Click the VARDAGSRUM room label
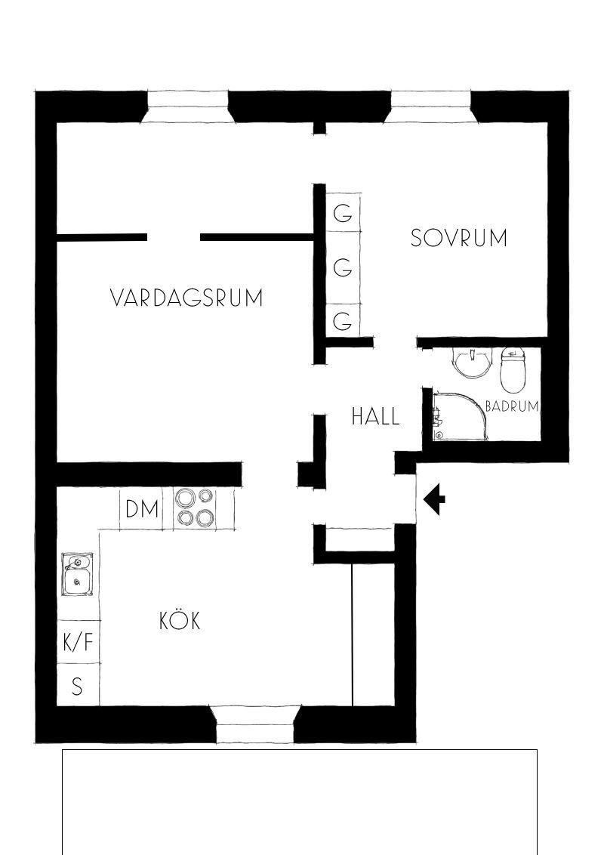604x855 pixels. coord(186,298)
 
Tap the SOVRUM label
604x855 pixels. coord(458,238)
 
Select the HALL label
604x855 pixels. coord(375,416)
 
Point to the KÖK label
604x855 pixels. coord(180,620)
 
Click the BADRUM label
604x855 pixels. coord(512,406)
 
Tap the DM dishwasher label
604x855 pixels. coord(142,509)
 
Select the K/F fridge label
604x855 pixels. coord(79,642)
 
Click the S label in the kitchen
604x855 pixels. coord(78,686)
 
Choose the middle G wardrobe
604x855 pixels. coord(344,267)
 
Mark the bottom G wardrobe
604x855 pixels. coord(344,320)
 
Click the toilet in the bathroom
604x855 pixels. coord(513,369)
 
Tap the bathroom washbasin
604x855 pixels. coord(471,363)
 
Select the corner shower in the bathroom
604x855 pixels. coord(459,417)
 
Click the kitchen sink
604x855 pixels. coord(78,574)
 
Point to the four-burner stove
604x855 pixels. coord(195,508)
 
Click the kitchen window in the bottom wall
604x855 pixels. coord(255,724)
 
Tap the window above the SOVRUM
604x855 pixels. coord(430,106)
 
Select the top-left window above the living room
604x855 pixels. coord(188,106)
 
